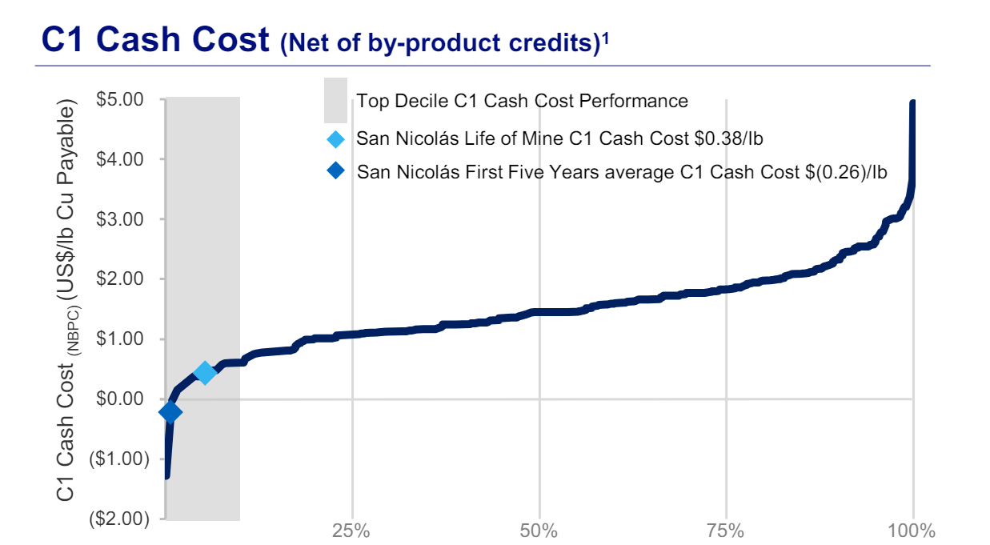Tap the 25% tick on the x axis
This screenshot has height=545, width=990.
[x=351, y=531]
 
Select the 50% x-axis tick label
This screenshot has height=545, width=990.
[x=539, y=531]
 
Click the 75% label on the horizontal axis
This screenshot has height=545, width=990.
[x=726, y=531]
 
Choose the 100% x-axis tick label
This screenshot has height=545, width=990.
[x=911, y=531]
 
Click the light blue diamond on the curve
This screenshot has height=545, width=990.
[x=205, y=373]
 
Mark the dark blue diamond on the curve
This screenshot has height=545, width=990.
[x=170, y=412]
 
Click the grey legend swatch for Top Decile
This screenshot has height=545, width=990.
[x=335, y=100]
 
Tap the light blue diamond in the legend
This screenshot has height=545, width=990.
[x=336, y=139]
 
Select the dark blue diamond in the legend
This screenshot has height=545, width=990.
[x=336, y=171]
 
